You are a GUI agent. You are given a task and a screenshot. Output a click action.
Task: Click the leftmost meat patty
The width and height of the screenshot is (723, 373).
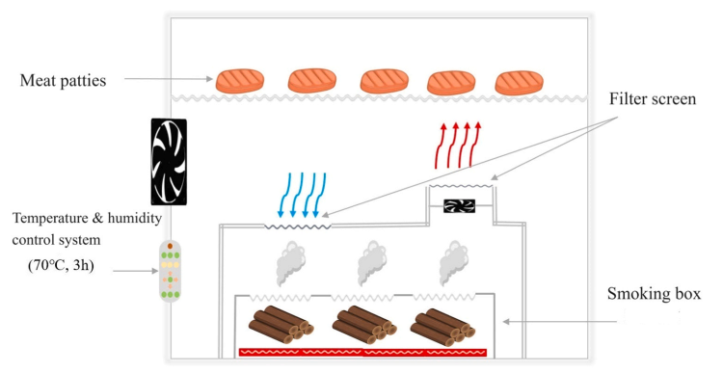coord(240,81)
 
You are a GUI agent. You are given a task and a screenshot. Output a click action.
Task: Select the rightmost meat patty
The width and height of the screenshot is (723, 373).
coord(520,83)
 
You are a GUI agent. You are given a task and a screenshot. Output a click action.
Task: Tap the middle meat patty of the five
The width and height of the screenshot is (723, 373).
coord(384,81)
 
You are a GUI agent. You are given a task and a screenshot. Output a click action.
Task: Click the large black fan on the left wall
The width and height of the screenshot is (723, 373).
coord(169,161)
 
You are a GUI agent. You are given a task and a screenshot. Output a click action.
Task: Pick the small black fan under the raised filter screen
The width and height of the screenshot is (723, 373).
coord(459,205)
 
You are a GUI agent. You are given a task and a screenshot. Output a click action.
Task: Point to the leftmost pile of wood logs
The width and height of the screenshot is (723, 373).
coord(281,324)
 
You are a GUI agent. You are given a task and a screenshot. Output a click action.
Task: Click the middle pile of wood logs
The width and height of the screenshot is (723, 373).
coord(364,324)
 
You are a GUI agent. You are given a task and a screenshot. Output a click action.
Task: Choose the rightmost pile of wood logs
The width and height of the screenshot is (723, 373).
coord(442,327)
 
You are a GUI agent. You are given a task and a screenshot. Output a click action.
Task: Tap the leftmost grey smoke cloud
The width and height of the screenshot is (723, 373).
coord(290,263)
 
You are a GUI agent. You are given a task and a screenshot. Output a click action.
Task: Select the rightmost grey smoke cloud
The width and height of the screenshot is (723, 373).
coord(454,263)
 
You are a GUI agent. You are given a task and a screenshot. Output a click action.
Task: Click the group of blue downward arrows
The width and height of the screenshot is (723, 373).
coord(303,195)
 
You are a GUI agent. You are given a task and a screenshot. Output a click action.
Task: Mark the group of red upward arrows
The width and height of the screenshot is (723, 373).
coord(457,145)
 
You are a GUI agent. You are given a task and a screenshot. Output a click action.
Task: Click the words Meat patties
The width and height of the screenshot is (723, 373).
coord(64,81)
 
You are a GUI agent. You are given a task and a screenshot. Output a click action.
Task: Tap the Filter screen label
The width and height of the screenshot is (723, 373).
coord(653,98)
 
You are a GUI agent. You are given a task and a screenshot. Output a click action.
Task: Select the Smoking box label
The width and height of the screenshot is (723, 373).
coord(654,294)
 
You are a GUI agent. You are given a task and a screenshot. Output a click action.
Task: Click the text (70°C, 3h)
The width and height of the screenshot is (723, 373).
coord(61,266)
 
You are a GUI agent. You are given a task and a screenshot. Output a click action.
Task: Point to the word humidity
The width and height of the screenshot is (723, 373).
coord(135,218)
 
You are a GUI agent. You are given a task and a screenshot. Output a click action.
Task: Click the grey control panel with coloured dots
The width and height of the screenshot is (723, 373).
coord(170,271)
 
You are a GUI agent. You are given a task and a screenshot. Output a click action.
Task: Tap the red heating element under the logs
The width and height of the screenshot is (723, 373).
coord(362,353)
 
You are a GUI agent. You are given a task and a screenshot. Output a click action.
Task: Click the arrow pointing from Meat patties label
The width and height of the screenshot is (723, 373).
coord(169,79)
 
